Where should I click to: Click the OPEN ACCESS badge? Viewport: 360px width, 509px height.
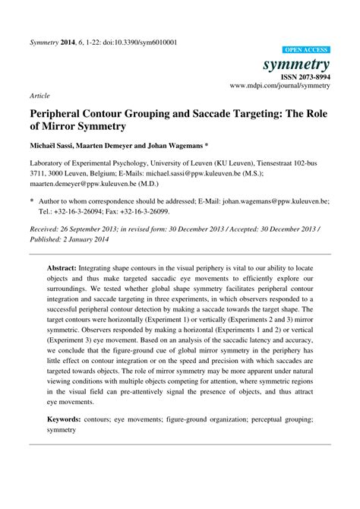[x=305, y=47]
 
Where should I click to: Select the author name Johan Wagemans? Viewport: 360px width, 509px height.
[x=180, y=144]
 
